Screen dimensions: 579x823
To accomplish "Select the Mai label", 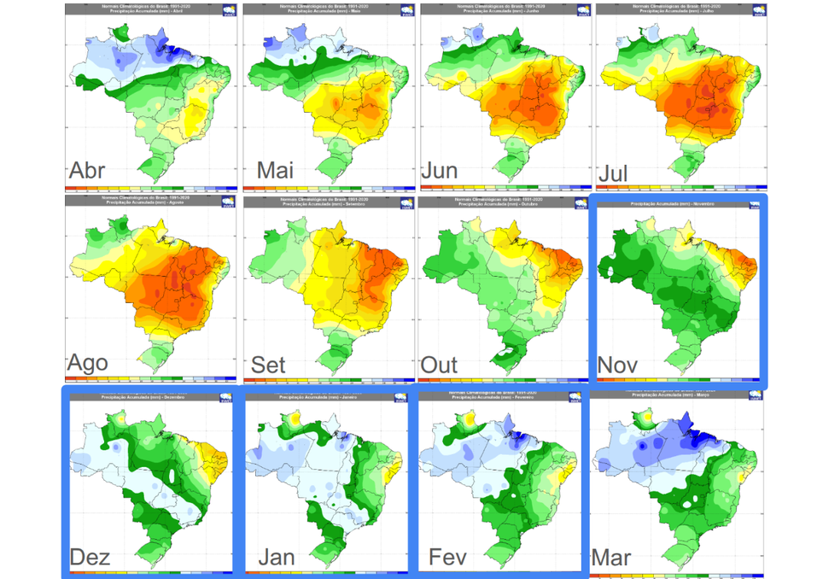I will [275, 171].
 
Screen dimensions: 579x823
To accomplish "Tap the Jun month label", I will [440, 170].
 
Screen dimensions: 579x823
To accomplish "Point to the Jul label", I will [615, 173].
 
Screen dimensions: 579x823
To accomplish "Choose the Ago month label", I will [88, 362].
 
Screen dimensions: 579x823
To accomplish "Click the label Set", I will [268, 365].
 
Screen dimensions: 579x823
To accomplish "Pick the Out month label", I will [441, 365].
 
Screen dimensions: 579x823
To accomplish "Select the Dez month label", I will [90, 557].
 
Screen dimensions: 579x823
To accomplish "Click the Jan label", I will [277, 557].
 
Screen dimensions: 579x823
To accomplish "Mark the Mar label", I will [611, 559].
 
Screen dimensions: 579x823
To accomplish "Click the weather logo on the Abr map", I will [227, 10].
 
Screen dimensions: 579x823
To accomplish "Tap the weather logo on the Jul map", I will [755, 10].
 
